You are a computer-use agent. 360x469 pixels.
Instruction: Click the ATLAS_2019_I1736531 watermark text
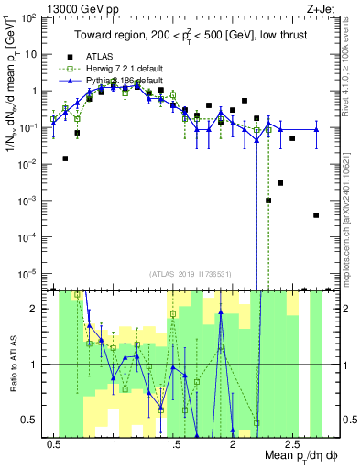coord(190,274)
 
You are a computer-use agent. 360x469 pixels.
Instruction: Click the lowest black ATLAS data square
coord(316,215)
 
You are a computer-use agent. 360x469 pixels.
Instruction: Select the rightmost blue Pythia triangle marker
coord(316,129)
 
